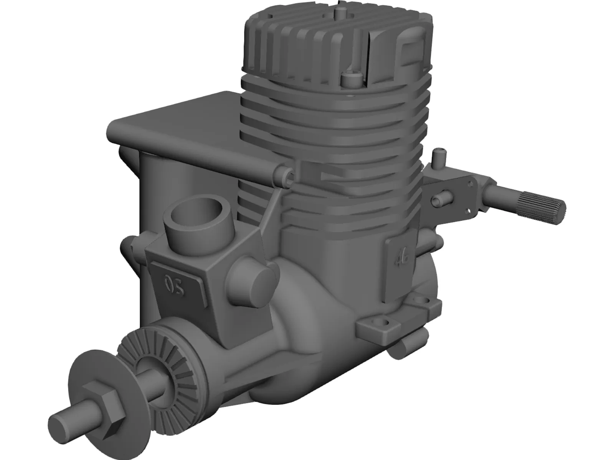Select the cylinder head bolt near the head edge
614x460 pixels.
click(351, 80)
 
